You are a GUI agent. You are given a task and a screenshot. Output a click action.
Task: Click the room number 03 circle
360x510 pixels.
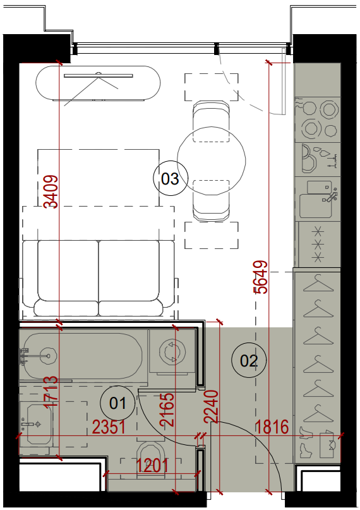(171, 178)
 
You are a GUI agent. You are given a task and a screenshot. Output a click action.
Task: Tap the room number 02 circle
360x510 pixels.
(249, 360)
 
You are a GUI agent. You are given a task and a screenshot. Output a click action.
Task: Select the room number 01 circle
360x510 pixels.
(117, 403)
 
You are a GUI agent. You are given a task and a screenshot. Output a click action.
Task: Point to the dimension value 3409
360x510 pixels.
(51, 192)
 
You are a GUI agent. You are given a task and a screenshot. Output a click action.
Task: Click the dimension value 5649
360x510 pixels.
(261, 277)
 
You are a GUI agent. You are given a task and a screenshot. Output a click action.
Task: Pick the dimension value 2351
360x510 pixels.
(109, 427)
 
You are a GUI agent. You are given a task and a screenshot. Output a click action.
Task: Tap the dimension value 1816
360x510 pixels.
(272, 427)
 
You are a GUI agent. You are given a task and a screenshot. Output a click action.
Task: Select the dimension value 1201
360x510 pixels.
(152, 466)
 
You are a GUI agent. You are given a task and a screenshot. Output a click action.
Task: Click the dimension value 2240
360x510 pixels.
(211, 406)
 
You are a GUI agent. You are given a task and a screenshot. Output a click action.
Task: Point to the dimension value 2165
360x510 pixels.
(167, 410)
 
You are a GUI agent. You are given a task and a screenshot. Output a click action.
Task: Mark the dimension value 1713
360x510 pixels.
(51, 391)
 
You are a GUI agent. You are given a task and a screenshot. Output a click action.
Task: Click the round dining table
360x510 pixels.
(212, 161)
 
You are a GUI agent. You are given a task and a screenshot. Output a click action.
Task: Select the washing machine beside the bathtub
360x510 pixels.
(172, 351)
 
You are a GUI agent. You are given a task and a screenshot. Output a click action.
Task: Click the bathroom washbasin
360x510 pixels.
(39, 424)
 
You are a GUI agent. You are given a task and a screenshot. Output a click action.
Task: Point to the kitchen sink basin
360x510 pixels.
(316, 206)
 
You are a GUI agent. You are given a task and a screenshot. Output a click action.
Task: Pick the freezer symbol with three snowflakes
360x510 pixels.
(318, 245)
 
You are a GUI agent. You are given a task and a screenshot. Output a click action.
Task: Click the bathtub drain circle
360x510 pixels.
(49, 356)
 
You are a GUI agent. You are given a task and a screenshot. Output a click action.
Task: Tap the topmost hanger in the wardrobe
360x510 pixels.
(318, 283)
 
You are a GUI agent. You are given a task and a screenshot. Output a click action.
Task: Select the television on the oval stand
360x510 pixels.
(99, 76)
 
